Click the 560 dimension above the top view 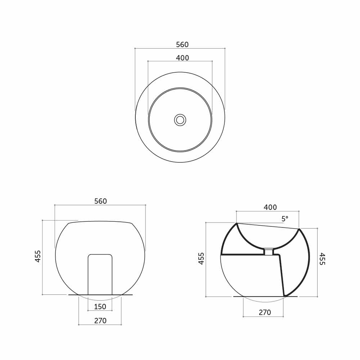[182, 45]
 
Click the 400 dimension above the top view [183, 58]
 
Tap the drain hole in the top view [180, 120]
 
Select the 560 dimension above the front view [101, 201]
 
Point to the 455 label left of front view [38, 256]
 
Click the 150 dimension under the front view [100, 306]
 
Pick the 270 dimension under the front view [100, 320]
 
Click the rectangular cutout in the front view [100, 274]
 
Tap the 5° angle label [285, 219]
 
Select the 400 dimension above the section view [270, 207]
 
